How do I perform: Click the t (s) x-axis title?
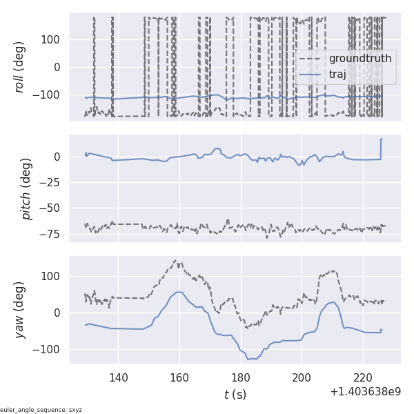[235, 395]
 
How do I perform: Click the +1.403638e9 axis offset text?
[365, 391]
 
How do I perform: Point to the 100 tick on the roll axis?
[50, 39]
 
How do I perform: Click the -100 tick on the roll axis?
[48, 95]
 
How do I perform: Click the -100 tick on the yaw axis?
[48, 349]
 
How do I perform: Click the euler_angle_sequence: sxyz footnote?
[41, 410]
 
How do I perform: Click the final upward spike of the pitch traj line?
[381, 140]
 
